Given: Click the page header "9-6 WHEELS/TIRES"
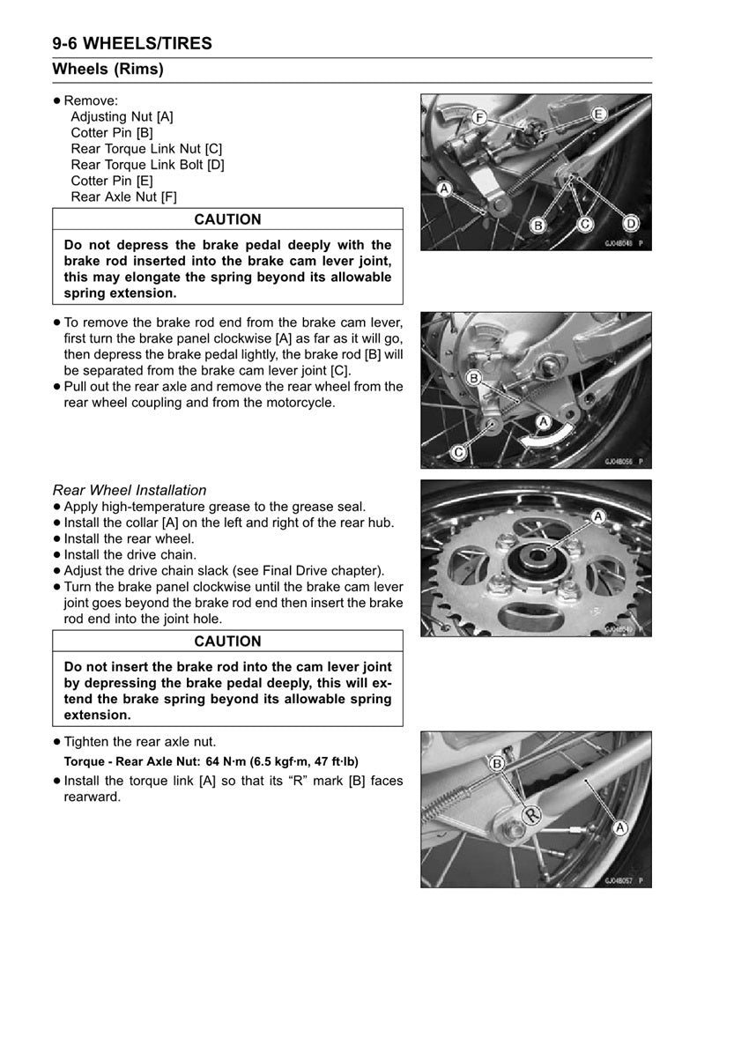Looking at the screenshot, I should point(132,43).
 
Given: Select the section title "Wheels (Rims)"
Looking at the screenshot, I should point(108,70).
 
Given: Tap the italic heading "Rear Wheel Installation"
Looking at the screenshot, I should point(130,490).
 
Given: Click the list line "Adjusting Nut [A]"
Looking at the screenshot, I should point(122,116).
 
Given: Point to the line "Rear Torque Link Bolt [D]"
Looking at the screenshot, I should point(147,165).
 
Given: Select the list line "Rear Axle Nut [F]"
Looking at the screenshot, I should point(123,197).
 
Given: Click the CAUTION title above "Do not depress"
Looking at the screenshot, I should point(227,219).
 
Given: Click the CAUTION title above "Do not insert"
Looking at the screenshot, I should point(227,641).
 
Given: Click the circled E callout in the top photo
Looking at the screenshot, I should point(598,114).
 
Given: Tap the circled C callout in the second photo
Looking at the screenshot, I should point(458,452).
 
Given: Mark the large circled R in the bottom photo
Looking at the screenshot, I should point(531,815).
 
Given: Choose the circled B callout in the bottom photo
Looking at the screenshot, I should point(497,763).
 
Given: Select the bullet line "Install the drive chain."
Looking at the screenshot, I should point(130,555).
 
